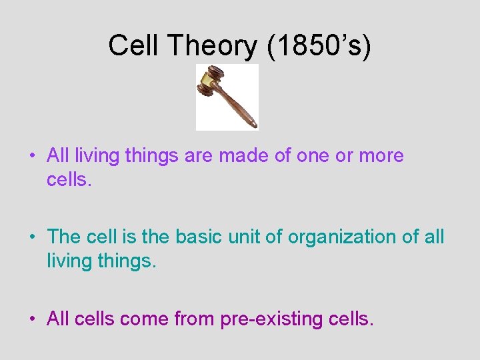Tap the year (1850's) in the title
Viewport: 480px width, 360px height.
click(x=319, y=46)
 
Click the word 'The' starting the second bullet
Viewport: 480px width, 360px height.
click(x=63, y=237)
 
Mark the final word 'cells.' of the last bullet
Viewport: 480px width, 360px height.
click(x=352, y=319)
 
